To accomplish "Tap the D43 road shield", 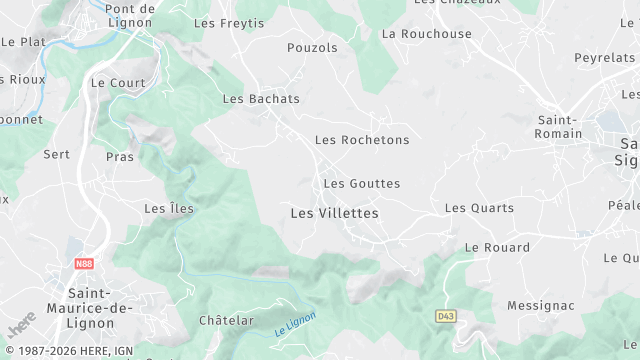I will click(446, 315).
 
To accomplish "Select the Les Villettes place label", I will click(335, 213).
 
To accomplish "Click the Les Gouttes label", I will click(362, 184).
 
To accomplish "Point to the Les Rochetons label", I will click(362, 140).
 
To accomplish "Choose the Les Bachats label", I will click(261, 99).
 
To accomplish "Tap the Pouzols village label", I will click(306, 47).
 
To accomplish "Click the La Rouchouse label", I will click(427, 33).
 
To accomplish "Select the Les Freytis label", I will click(229, 22).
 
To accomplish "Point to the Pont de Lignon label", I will click(130, 15).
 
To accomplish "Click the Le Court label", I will click(112, 83).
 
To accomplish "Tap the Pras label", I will click(120, 157).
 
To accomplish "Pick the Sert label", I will click(57, 154).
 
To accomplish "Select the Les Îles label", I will click(169, 209).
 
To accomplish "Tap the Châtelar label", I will click(226, 321).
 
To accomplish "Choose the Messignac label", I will click(541, 305).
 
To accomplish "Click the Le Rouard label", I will click(497, 247).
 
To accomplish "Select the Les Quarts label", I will click(479, 208).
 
